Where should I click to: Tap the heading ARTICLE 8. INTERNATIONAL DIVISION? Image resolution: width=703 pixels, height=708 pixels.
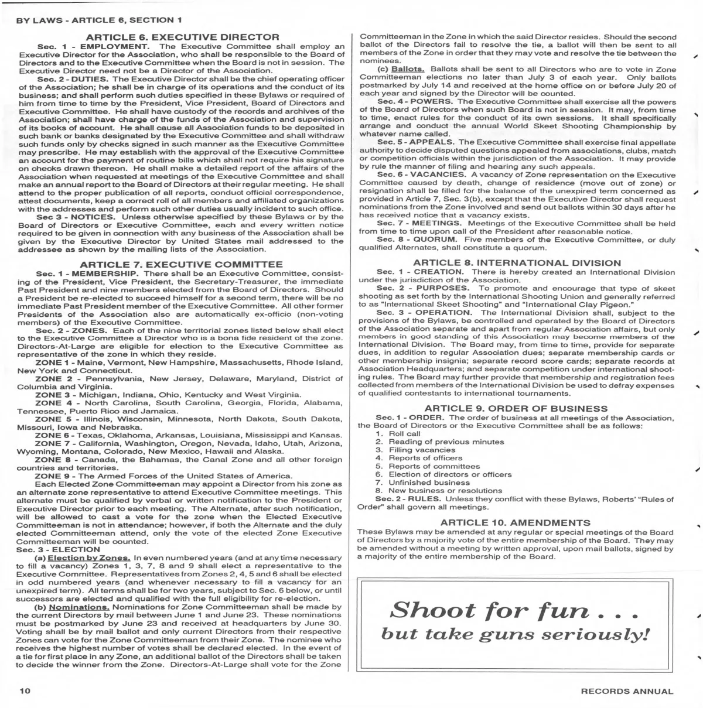click(x=516, y=263)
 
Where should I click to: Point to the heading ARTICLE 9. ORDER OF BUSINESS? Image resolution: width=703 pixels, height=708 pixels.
click(x=516, y=408)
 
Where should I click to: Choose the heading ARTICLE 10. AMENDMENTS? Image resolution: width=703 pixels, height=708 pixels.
click(x=515, y=522)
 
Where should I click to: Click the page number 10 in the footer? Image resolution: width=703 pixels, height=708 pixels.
click(x=25, y=691)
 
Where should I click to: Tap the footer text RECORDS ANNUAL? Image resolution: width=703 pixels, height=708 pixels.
click(x=627, y=692)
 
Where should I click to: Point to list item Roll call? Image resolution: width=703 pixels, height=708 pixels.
click(x=404, y=434)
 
